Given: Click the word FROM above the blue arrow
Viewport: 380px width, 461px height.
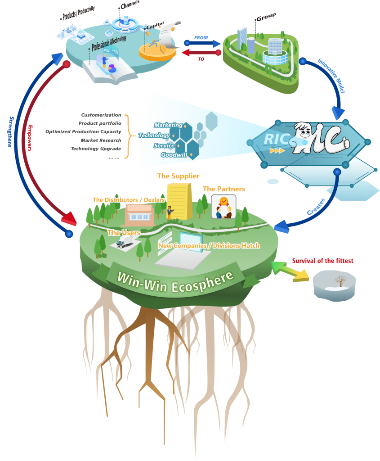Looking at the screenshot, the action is point(201,38).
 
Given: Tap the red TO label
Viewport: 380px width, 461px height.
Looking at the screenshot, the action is point(201,59).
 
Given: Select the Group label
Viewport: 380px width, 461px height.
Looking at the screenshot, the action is point(266,17).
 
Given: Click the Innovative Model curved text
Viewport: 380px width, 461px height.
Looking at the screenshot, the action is point(331,76).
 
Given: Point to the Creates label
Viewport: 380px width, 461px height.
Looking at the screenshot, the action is point(316,207).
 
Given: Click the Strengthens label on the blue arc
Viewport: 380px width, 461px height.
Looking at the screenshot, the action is point(11,131).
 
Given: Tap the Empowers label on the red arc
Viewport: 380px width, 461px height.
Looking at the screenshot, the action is point(30,138).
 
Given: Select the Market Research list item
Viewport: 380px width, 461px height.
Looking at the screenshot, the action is point(101,140).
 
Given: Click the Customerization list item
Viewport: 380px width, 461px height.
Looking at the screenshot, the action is point(101,115).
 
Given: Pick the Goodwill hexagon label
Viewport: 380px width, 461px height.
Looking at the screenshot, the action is point(174,155).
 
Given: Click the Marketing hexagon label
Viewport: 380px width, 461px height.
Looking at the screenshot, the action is point(168,125).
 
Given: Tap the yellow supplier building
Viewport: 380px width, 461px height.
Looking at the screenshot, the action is point(179,202).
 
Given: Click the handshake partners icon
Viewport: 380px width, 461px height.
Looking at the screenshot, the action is point(224,207).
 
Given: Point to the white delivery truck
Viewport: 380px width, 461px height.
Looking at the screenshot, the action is point(125,242).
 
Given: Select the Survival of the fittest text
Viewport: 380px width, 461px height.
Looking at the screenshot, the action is point(322,261).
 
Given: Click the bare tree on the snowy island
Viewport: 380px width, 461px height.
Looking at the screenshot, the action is point(340,281).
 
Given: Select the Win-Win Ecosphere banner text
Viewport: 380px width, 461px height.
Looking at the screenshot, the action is point(175,282).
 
